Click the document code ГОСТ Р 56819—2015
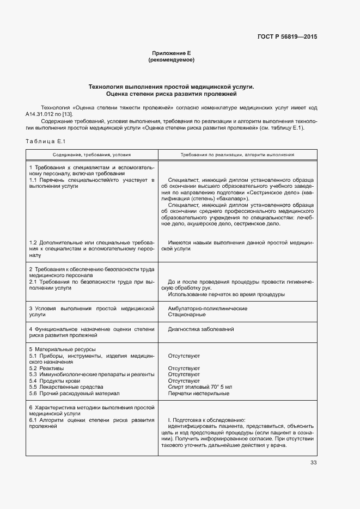click(287, 37)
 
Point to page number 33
click(313, 463)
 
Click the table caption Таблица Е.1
click(45, 142)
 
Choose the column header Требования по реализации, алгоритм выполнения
click(237, 155)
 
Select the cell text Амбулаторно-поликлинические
click(200, 308)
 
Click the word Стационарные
click(187, 315)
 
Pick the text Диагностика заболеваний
click(202, 329)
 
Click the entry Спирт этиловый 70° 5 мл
click(200, 387)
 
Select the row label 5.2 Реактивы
click(46, 369)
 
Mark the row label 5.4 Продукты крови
click(54, 381)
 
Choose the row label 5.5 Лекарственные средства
click(62, 387)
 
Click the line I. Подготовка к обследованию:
click(206, 420)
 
